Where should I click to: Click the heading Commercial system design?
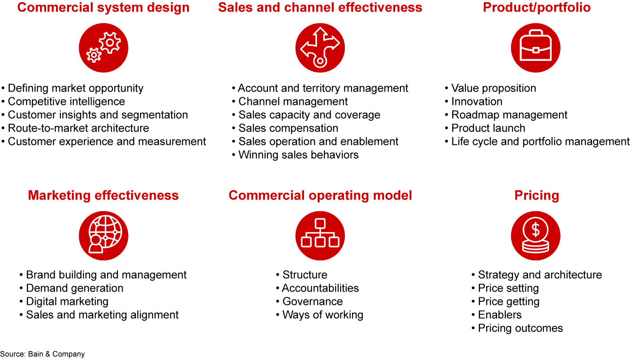(x=103, y=8)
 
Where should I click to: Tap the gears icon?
(x=104, y=48)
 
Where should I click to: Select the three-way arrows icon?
(x=320, y=48)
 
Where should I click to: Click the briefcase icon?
(x=536, y=48)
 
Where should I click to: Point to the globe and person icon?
(x=104, y=236)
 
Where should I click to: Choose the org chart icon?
(x=320, y=236)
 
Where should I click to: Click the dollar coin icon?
(x=536, y=236)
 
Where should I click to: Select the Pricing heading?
(x=536, y=196)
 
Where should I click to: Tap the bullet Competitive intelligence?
(x=66, y=101)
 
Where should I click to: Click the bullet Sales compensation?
(x=288, y=128)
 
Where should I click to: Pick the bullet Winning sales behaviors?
(x=298, y=155)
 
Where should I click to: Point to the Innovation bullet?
(x=476, y=101)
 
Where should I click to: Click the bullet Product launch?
(x=488, y=128)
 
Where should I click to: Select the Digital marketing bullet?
(x=67, y=301)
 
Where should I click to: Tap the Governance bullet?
(x=312, y=301)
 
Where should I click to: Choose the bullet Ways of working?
(x=323, y=315)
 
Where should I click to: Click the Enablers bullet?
(x=500, y=315)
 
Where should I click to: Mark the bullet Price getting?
(x=508, y=301)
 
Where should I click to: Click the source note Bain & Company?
(x=42, y=354)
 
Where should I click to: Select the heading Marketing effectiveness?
(x=103, y=196)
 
